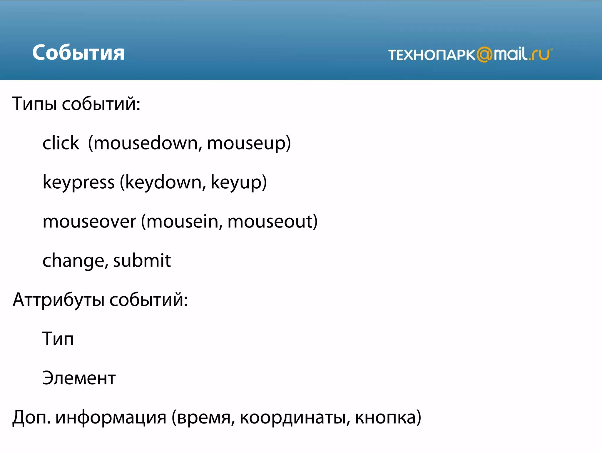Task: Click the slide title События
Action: [78, 53]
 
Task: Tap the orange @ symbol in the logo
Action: [484, 55]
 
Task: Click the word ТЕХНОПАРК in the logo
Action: [432, 55]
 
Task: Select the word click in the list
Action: [61, 143]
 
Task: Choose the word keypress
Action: [78, 182]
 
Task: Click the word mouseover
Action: [89, 222]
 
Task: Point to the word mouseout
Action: [270, 222]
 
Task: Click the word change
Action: [73, 261]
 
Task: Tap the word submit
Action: [142, 260]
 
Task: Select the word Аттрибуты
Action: [58, 300]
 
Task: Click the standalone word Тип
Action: [58, 339]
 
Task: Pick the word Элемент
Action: [79, 378]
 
